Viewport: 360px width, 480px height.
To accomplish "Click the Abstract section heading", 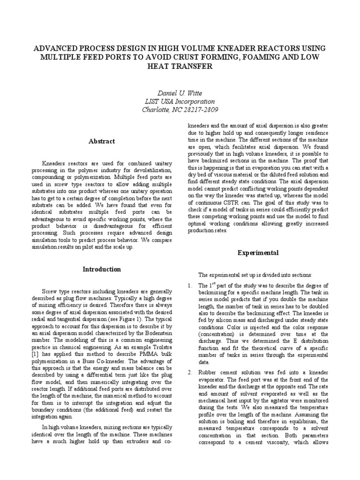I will pyautogui.click(x=102, y=141).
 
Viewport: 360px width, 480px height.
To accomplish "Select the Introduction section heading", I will pyautogui.click(x=102, y=269).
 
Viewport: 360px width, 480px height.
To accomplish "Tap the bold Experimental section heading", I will pyautogui.click(x=258, y=253).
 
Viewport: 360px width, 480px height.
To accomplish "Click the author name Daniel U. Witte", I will pyautogui.click(x=180, y=93).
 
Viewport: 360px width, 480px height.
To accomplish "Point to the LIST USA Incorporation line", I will pyautogui.click(x=180, y=102).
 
